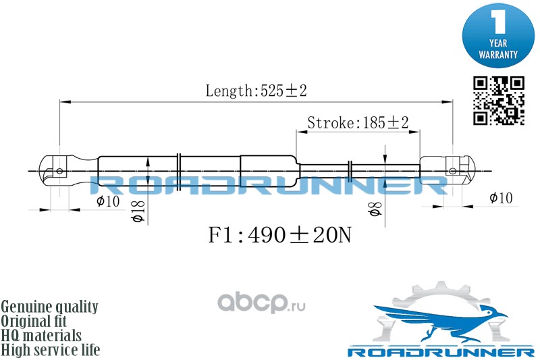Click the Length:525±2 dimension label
256,91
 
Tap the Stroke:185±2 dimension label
358,122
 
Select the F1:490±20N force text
279,235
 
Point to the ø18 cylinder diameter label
138,211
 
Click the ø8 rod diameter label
375,209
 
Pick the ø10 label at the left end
108,201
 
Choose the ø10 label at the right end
501,198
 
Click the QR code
498,101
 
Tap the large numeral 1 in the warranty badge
498,22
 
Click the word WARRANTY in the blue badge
498,55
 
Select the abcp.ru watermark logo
261,303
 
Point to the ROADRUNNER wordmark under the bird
441,352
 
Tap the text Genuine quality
49,306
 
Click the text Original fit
34,321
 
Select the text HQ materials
41,335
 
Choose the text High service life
50,350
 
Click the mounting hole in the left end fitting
59,171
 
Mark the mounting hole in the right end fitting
452,171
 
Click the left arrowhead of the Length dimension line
65,102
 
